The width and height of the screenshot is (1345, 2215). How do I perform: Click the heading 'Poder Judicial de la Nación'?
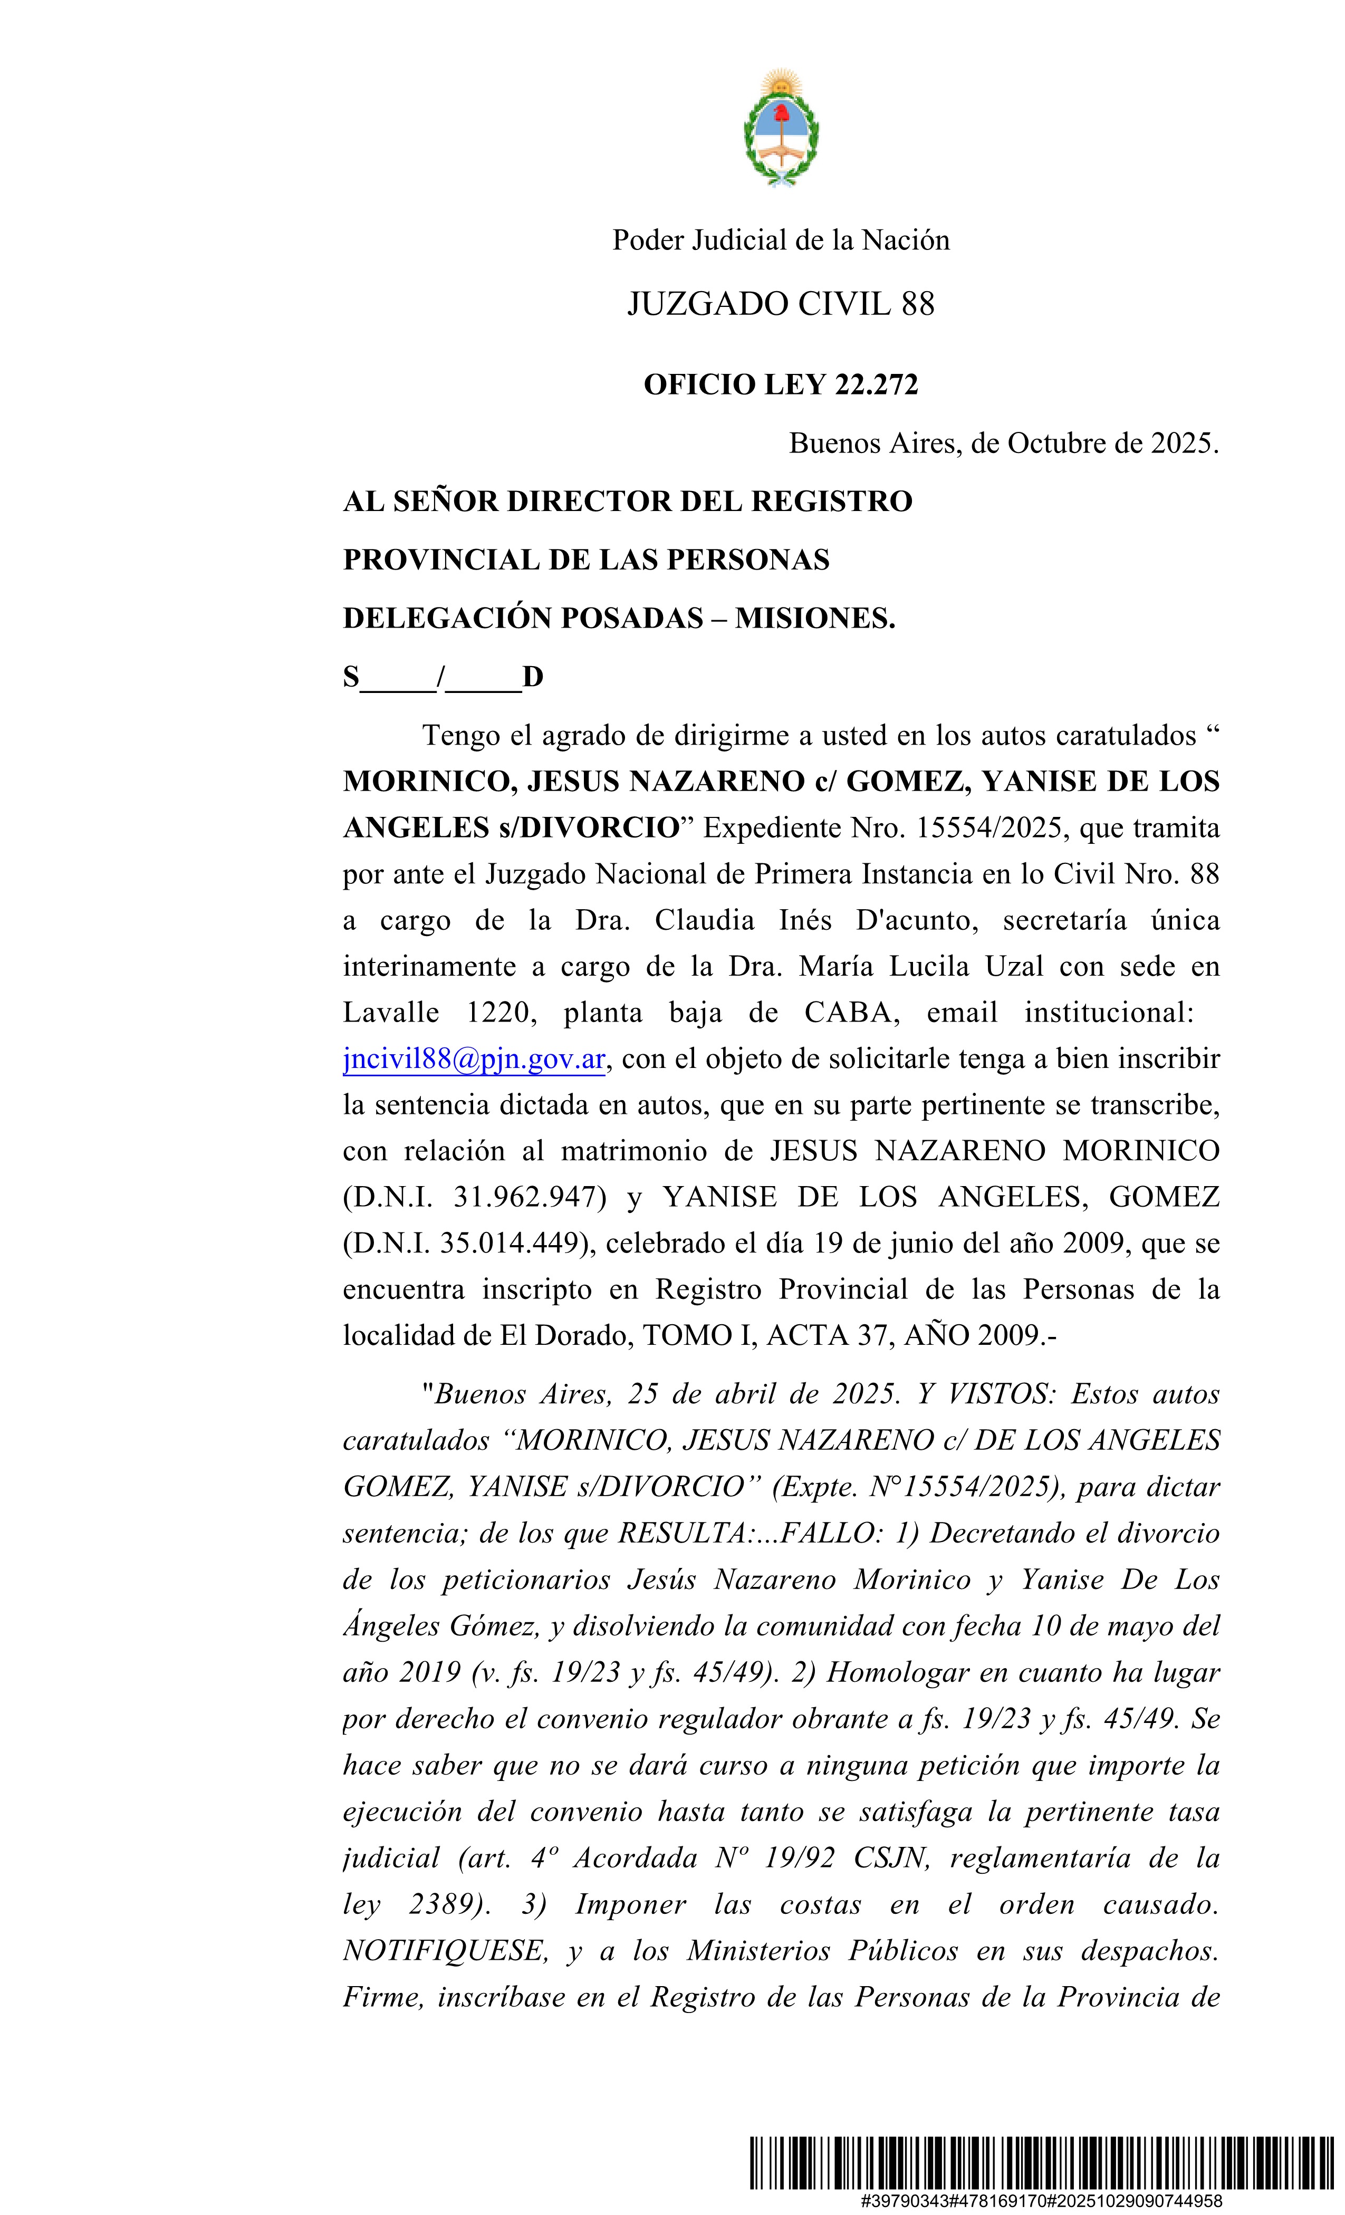tap(781, 240)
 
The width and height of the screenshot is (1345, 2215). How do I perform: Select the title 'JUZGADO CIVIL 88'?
tap(781, 304)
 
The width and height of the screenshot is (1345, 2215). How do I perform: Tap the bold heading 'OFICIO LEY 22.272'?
tap(781, 385)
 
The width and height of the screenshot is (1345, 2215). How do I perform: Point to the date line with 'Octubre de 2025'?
tap(1003, 443)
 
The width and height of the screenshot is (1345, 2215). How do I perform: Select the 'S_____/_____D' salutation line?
tap(443, 677)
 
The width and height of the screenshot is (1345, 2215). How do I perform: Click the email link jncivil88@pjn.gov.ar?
tap(474, 1059)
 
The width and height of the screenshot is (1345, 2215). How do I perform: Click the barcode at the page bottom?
tap(1041, 2162)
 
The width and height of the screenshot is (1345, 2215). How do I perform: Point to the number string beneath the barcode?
tap(1041, 2201)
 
